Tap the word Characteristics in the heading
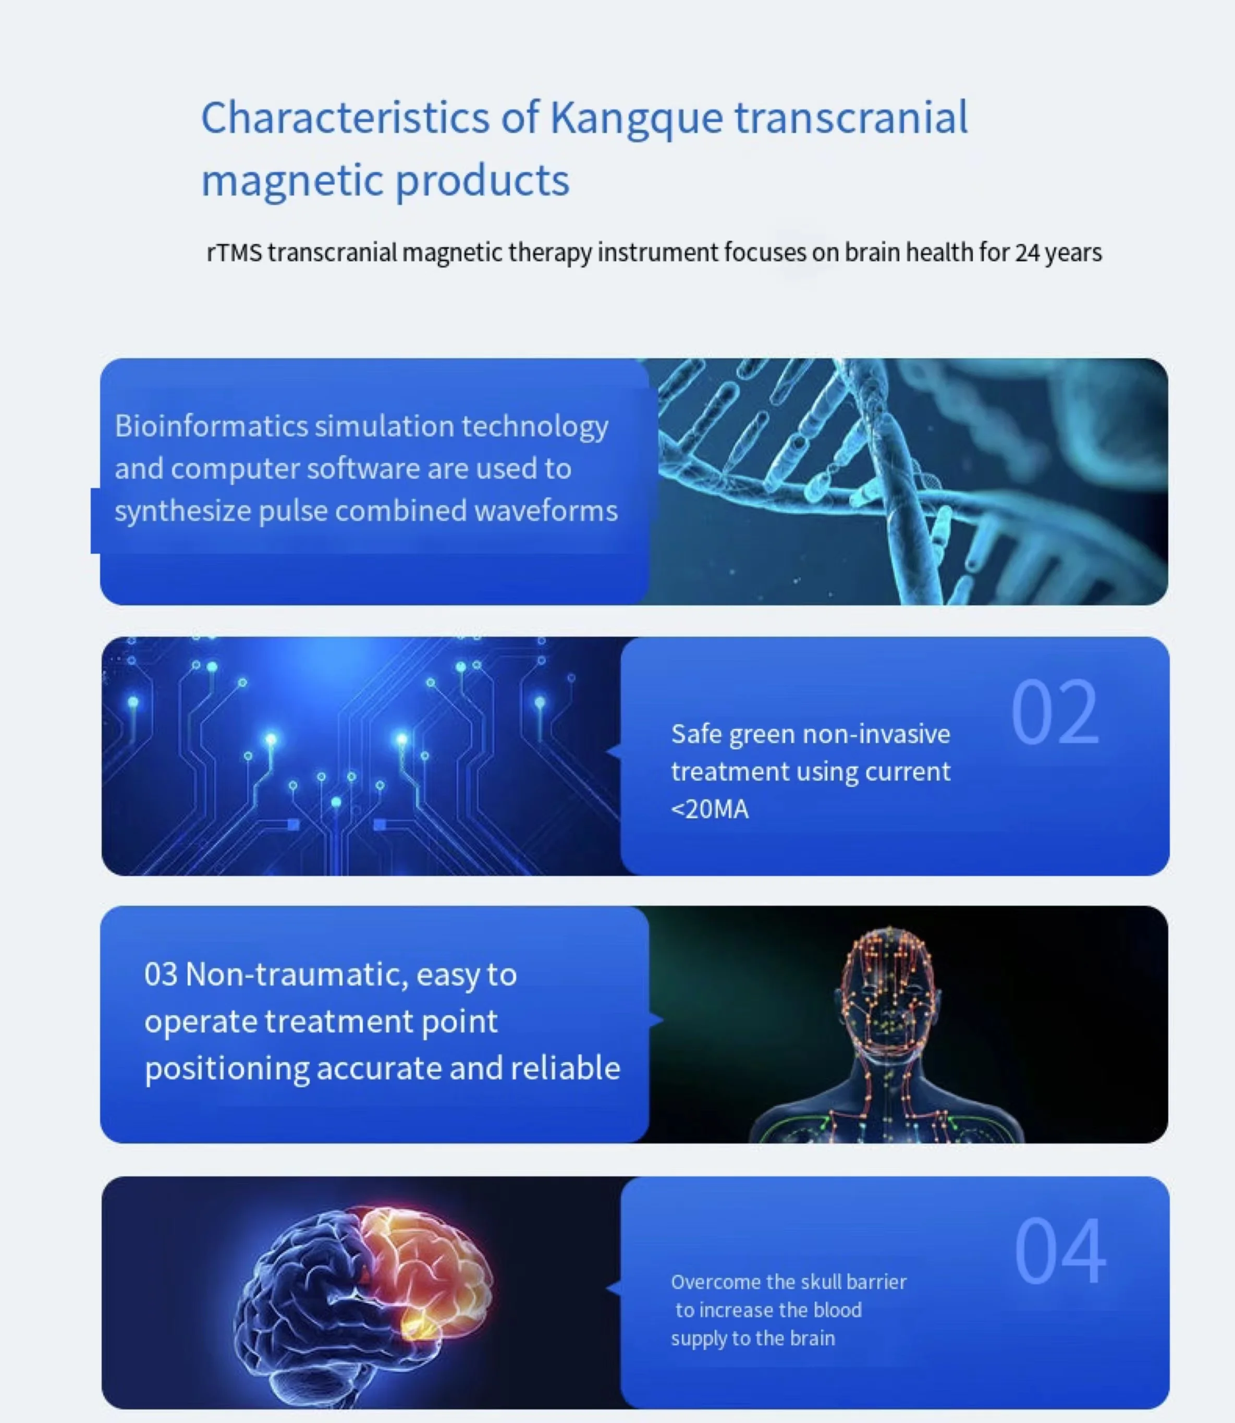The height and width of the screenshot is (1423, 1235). click(345, 117)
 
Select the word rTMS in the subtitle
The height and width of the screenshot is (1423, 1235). click(234, 252)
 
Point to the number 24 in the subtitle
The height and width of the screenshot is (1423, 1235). click(1027, 252)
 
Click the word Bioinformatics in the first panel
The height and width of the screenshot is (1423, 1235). click(211, 426)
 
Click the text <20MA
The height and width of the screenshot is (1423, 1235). click(710, 809)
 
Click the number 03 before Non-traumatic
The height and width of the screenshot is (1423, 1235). click(161, 974)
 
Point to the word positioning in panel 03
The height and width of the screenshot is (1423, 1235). click(227, 1068)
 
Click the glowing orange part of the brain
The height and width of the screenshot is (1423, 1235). click(427, 1262)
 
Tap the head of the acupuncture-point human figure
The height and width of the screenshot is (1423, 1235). click(889, 979)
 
